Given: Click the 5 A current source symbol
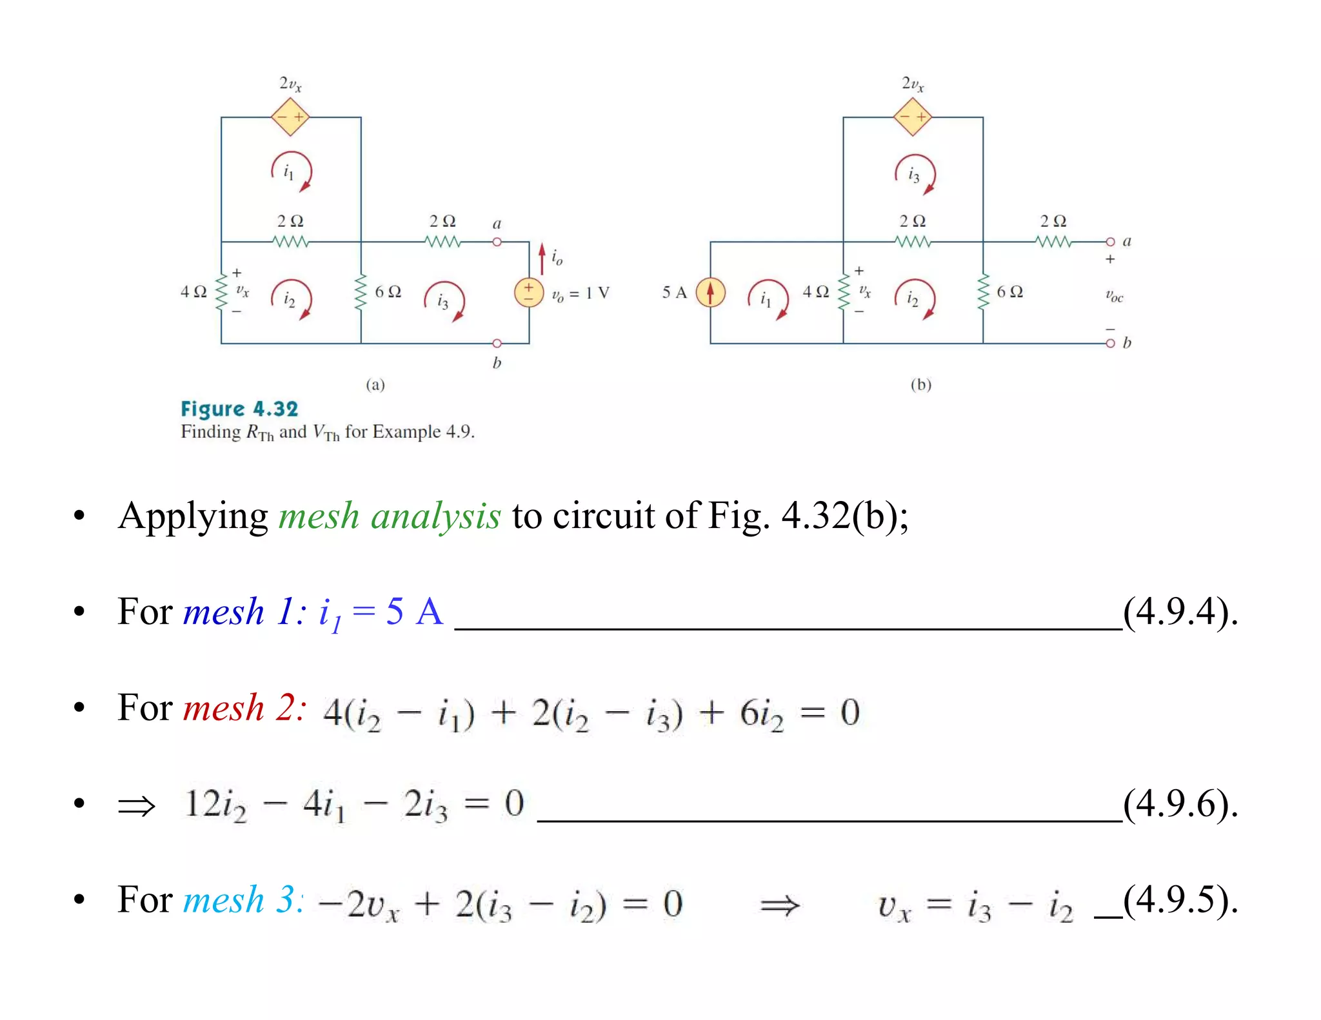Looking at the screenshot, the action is click(x=710, y=292).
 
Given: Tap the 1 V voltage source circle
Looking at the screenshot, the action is click(x=528, y=292).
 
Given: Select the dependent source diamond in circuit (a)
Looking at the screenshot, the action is click(x=290, y=117).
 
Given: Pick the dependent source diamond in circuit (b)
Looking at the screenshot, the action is click(x=913, y=117).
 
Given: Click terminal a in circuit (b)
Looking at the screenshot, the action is click(x=1110, y=242).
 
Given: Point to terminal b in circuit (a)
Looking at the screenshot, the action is click(x=497, y=344).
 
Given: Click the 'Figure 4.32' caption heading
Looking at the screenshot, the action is click(x=239, y=409).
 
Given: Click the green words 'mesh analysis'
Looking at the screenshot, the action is click(x=389, y=516).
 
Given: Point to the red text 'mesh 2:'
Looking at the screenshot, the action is click(x=244, y=708).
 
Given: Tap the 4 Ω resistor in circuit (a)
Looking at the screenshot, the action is click(x=221, y=292).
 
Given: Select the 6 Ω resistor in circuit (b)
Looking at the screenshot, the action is click(x=983, y=292).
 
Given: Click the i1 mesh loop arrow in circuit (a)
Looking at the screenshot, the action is click(x=292, y=172).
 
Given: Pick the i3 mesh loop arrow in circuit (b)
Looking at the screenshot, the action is click(x=915, y=174).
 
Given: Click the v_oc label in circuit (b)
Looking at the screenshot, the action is click(x=1114, y=297).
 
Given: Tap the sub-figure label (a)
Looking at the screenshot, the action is click(x=375, y=385).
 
